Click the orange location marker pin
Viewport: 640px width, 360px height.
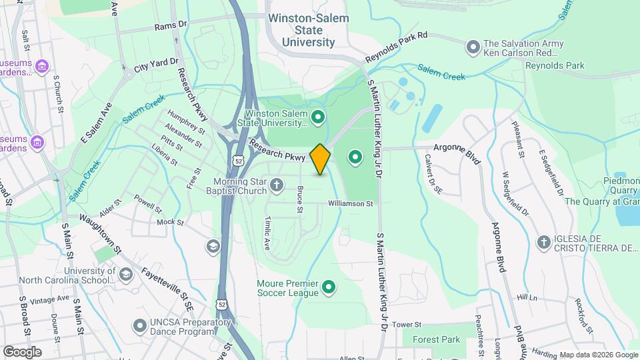[x=320, y=159]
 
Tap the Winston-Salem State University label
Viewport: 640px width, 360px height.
[x=308, y=30]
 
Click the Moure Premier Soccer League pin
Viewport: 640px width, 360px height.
[x=328, y=288]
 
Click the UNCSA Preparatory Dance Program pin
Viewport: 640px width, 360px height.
[x=139, y=325]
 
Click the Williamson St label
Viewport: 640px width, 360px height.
[x=349, y=203]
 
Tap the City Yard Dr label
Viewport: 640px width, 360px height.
[x=157, y=65]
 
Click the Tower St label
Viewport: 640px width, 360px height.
[x=407, y=324]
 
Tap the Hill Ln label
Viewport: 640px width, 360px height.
[x=526, y=298]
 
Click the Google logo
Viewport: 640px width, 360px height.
[x=22, y=351]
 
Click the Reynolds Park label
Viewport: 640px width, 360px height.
[x=555, y=65]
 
